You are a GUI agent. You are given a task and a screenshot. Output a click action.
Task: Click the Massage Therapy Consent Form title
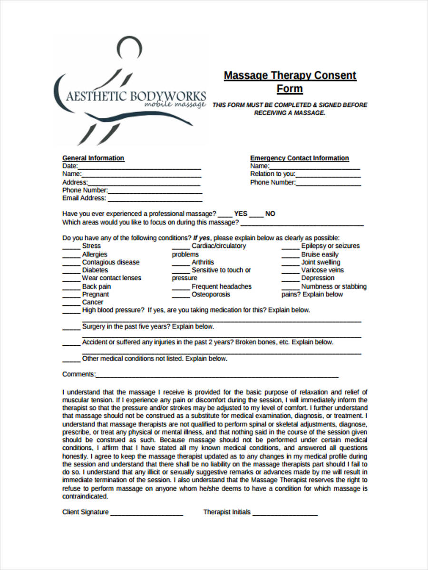click(290, 82)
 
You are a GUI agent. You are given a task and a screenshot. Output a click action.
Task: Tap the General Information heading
click(93, 158)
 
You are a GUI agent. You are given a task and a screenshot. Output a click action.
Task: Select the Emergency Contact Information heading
click(299, 158)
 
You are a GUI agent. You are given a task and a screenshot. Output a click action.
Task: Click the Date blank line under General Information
click(139, 167)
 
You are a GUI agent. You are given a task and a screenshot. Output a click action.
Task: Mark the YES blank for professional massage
click(225, 215)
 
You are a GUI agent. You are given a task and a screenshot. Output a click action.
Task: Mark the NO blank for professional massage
click(256, 215)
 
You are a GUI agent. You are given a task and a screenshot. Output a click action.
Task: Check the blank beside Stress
click(71, 247)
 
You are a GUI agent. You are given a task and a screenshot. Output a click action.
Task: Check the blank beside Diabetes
click(71, 271)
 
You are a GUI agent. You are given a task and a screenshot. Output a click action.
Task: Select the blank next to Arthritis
click(181, 263)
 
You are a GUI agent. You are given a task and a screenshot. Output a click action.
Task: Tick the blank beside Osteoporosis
click(181, 295)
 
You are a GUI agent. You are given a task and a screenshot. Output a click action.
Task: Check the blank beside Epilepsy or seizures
click(290, 247)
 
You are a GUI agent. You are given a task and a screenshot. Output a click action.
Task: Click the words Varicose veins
click(322, 270)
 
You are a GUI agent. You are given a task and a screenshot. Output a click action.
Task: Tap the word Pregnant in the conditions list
click(95, 294)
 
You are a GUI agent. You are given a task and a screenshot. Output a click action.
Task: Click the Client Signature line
click(146, 513)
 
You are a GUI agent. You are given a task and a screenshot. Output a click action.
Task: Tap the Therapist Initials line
click(285, 513)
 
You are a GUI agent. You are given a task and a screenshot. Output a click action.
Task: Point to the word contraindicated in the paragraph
click(85, 497)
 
